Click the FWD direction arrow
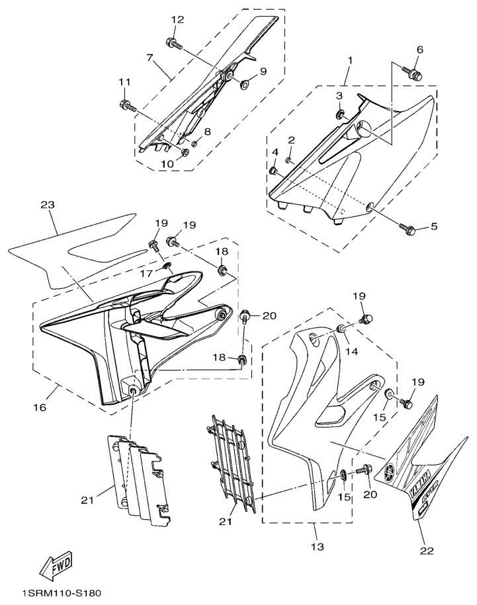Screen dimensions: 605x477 point(56,565)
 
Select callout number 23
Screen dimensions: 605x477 point(46,206)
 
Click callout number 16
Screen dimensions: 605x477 point(40,407)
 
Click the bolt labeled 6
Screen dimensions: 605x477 point(413,71)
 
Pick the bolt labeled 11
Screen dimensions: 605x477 point(126,104)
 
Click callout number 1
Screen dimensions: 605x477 point(349,61)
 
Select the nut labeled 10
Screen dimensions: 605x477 point(185,153)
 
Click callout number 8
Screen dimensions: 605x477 point(207,132)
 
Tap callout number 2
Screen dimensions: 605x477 point(290,140)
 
